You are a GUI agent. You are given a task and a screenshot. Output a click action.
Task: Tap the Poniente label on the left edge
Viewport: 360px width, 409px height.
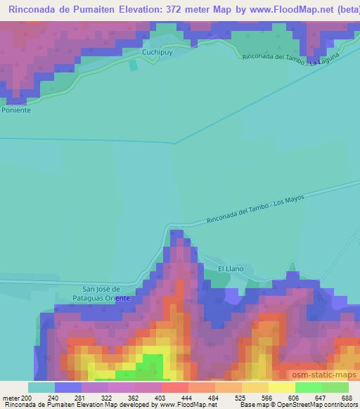coord(15,110)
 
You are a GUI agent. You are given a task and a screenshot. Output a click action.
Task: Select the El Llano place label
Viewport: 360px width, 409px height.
coord(230,268)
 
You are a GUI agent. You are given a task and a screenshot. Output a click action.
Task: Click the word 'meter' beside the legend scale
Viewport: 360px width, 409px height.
coord(11,398)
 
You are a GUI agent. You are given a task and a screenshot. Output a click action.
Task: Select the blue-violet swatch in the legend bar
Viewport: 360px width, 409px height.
coord(68,387)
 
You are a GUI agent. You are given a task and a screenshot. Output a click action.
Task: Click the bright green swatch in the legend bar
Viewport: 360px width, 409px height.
coord(308,387)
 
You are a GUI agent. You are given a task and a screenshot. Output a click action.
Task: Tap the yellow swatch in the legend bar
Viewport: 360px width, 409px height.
coord(281,387)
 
